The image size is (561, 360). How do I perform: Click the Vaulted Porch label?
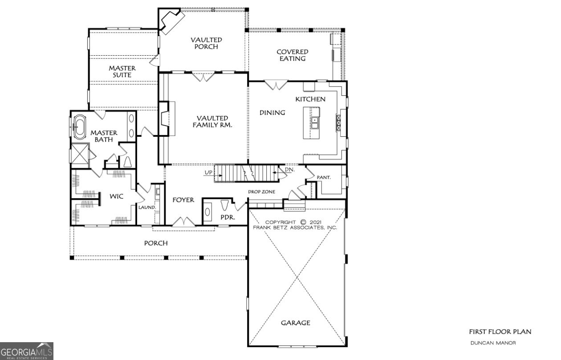click(x=206, y=43)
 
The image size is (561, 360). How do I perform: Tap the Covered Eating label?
click(x=292, y=55)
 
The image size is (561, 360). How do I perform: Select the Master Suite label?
click(x=122, y=72)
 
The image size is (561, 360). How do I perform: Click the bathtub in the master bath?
click(x=80, y=127)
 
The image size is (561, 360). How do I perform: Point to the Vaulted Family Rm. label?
click(x=206, y=122)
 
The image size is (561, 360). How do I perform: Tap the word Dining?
click(x=272, y=113)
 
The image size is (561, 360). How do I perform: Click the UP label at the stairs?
click(x=208, y=172)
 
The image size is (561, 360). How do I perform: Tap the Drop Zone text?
click(x=261, y=192)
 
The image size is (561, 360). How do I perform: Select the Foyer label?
click(x=183, y=200)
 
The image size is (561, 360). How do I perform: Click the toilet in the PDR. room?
click(x=225, y=206)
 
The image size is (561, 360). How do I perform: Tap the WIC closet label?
click(x=117, y=196)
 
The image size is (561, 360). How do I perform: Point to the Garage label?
click(x=295, y=323)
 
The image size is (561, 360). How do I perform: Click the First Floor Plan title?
click(x=500, y=331)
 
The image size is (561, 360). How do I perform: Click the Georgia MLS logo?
click(x=27, y=351)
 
